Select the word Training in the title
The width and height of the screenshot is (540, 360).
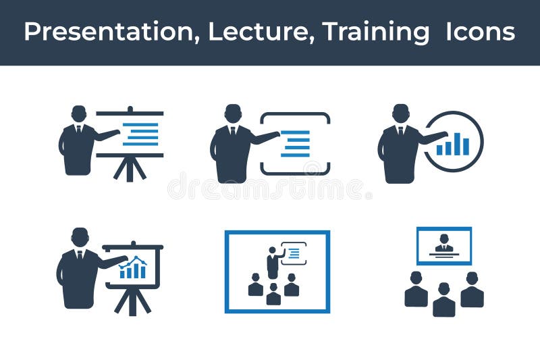tap(375, 32)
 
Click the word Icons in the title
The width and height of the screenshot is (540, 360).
tap(480, 32)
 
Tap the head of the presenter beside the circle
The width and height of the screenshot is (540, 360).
tap(401, 113)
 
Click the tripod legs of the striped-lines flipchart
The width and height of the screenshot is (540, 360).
tap(130, 169)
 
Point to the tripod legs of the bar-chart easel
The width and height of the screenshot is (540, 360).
tap(132, 301)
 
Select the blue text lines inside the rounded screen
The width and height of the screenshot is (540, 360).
tap(295, 143)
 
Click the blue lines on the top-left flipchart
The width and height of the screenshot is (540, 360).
tap(140, 134)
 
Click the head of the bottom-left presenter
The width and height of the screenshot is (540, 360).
tap(80, 237)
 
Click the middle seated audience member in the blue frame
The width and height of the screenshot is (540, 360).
tap(273, 294)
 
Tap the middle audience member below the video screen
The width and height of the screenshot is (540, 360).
tap(443, 300)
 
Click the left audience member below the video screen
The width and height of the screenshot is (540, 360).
tap(416, 290)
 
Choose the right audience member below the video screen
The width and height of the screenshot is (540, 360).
tap(472, 290)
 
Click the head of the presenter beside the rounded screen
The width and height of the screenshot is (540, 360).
tap(233, 113)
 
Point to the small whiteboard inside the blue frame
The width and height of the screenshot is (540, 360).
tap(294, 253)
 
